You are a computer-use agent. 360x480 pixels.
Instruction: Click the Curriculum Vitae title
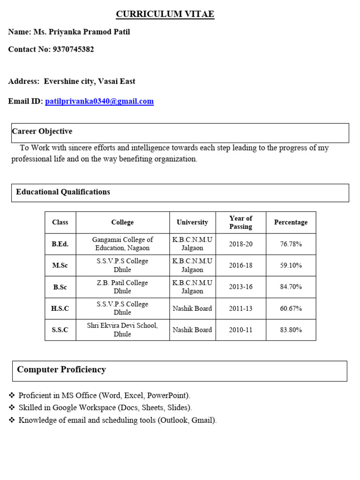click(x=165, y=15)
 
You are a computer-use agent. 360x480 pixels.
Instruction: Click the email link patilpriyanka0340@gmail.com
click(x=99, y=101)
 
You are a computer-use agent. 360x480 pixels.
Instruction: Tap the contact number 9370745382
click(x=72, y=49)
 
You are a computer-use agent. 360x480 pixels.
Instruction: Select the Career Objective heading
click(x=42, y=131)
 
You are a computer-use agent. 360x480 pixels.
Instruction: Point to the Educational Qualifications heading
click(x=63, y=192)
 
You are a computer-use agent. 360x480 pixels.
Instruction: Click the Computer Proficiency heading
click(x=61, y=369)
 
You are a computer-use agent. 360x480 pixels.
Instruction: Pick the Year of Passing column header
click(x=240, y=222)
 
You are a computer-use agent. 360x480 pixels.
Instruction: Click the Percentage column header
click(x=291, y=222)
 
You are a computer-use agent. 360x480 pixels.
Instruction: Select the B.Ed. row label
click(x=60, y=244)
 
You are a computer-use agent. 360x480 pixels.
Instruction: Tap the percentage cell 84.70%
click(x=291, y=287)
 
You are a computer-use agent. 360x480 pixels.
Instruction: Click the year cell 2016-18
click(x=240, y=265)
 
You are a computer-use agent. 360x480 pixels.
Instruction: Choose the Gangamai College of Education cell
click(x=122, y=244)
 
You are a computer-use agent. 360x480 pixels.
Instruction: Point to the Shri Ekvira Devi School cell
click(x=122, y=330)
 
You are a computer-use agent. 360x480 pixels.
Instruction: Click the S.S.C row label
click(x=60, y=330)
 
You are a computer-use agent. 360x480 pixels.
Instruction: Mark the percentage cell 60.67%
click(x=291, y=308)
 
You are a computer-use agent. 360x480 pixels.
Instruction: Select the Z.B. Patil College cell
click(x=122, y=287)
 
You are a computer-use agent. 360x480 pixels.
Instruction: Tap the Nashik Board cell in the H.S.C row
click(x=192, y=308)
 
